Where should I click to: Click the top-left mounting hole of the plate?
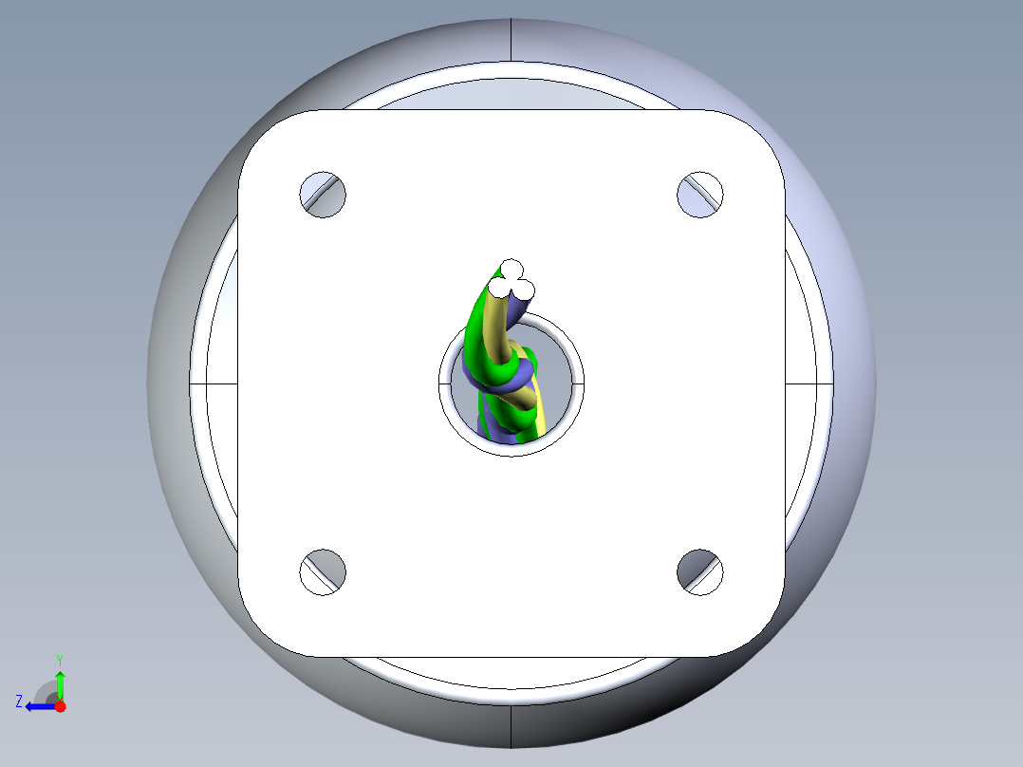(x=323, y=196)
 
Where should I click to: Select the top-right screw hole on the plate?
(x=700, y=195)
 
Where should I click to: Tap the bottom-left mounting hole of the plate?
(x=323, y=572)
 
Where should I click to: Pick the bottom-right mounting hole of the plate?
(x=700, y=572)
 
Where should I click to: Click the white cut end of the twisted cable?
(x=512, y=282)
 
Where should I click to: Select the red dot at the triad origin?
(x=60, y=706)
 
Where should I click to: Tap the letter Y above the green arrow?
(x=60, y=659)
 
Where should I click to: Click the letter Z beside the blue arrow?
(x=18, y=702)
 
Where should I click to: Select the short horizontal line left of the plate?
(x=213, y=383)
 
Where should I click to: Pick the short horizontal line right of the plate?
(x=809, y=383)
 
